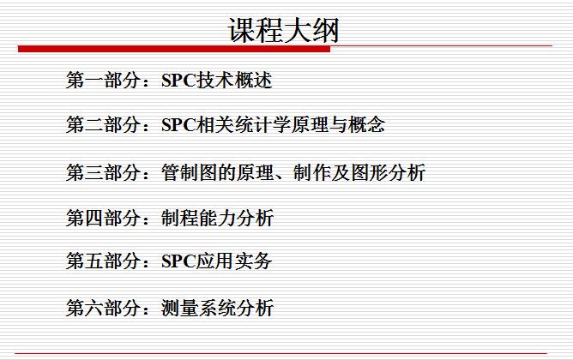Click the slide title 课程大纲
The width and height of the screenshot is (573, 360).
(283, 30)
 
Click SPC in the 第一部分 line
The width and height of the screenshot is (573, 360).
(178, 81)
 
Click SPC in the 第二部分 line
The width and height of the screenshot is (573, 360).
(178, 126)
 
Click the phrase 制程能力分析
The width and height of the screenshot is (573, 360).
(217, 218)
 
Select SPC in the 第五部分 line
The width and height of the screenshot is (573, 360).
(178, 261)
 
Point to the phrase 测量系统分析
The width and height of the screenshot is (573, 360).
(217, 307)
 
